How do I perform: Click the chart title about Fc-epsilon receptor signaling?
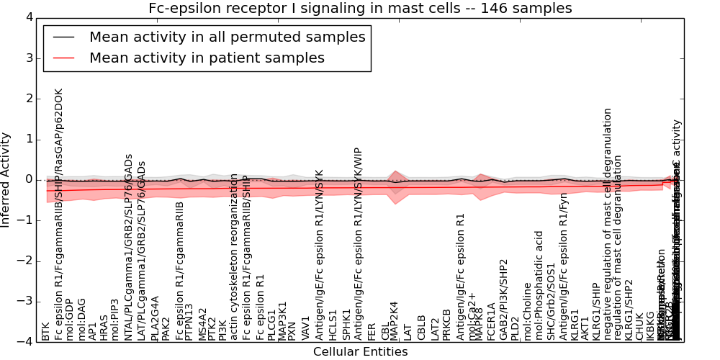pyautogui.click(x=360, y=9)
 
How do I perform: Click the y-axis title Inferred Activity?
pyautogui.click(x=6, y=179)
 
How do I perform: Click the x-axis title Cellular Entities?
pyautogui.click(x=360, y=352)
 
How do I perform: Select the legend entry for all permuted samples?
pyautogui.click(x=227, y=37)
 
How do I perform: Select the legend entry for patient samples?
pyautogui.click(x=207, y=58)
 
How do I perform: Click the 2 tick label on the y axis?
pyautogui.click(x=30, y=99)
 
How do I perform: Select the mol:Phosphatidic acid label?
pyautogui.click(x=538, y=285)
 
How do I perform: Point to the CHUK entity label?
pyautogui.click(x=639, y=326)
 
